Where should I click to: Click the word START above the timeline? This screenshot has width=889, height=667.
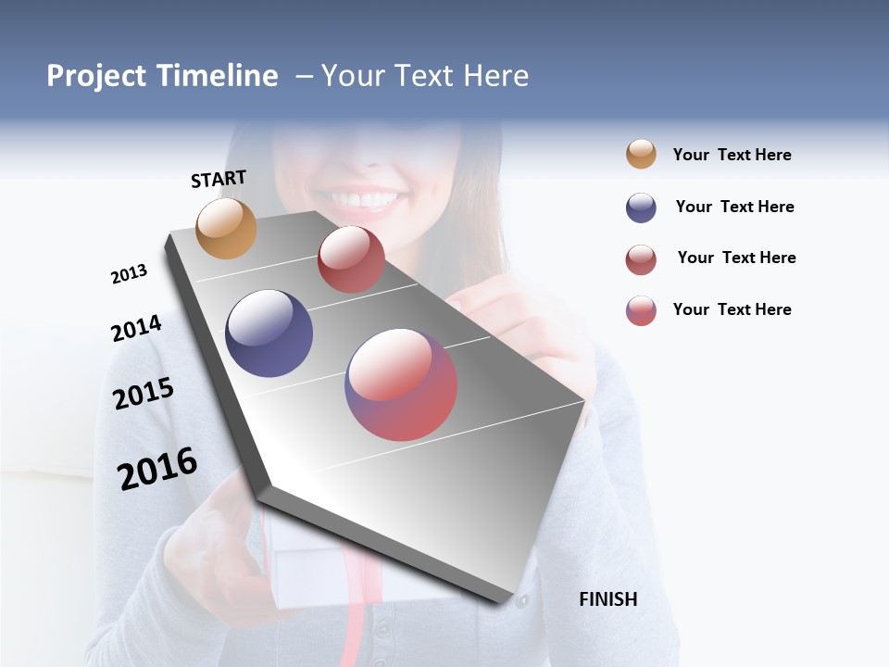click(219, 179)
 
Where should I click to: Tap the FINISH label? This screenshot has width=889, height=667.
click(607, 599)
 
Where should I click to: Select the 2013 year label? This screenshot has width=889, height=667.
click(129, 274)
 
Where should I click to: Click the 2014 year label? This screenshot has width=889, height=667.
click(136, 328)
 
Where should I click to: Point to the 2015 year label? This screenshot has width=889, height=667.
click(143, 394)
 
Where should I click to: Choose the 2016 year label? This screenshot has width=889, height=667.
click(157, 469)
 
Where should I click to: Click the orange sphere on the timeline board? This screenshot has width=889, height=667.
click(226, 228)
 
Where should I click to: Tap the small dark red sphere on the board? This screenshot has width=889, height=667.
click(351, 259)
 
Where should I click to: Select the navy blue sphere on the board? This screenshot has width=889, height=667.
click(269, 333)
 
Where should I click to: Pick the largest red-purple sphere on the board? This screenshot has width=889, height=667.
click(401, 384)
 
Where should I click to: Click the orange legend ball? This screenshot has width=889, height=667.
click(641, 154)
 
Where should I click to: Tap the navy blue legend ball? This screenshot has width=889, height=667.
click(641, 208)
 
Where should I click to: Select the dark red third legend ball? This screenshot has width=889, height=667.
click(641, 259)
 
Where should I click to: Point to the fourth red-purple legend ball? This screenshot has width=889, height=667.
click(641, 310)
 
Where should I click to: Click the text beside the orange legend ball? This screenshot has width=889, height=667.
click(732, 155)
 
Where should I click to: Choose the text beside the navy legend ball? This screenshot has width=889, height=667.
click(734, 207)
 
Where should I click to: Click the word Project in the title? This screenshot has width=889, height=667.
click(97, 76)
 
